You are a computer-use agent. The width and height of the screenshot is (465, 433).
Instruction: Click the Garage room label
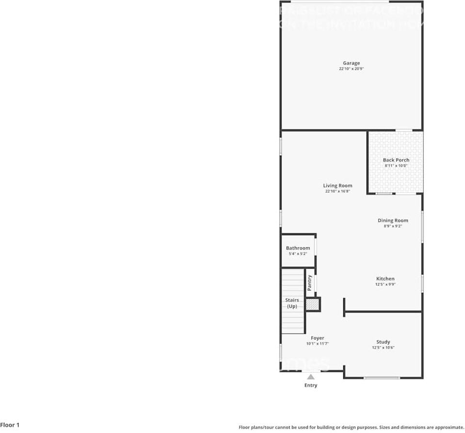click(x=351, y=63)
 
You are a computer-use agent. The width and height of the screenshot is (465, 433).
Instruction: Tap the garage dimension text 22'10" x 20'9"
click(x=351, y=69)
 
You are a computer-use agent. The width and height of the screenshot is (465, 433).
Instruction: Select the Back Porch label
click(x=396, y=160)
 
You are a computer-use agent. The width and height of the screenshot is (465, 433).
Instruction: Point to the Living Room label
click(x=337, y=186)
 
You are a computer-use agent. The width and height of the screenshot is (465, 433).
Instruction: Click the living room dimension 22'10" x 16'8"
click(x=337, y=192)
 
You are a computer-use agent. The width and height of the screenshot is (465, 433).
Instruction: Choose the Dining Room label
click(x=393, y=221)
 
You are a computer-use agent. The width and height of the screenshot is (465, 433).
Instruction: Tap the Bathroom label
click(x=298, y=248)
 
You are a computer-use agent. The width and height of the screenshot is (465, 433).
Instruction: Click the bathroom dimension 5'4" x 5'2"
click(x=298, y=254)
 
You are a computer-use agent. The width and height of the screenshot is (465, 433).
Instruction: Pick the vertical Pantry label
click(x=309, y=283)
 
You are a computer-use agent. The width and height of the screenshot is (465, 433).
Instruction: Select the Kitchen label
click(x=385, y=279)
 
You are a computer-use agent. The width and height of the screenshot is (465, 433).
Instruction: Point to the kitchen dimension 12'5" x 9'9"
click(x=385, y=285)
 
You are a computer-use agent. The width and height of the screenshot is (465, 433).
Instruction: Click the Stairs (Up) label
click(x=292, y=303)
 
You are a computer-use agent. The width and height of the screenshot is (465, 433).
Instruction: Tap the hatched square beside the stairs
click(x=312, y=305)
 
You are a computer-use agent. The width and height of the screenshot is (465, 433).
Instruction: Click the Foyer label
click(x=317, y=338)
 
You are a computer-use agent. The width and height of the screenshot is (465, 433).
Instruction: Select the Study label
click(x=383, y=342)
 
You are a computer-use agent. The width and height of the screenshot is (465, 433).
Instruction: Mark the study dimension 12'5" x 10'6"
click(x=383, y=348)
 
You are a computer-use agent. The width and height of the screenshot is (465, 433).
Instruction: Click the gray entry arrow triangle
click(x=310, y=376)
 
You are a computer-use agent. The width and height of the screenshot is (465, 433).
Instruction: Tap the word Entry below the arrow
click(x=311, y=385)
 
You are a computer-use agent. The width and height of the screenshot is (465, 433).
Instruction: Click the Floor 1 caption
click(x=10, y=425)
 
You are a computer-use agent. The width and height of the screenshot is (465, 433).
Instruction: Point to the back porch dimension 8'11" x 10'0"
click(x=396, y=166)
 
